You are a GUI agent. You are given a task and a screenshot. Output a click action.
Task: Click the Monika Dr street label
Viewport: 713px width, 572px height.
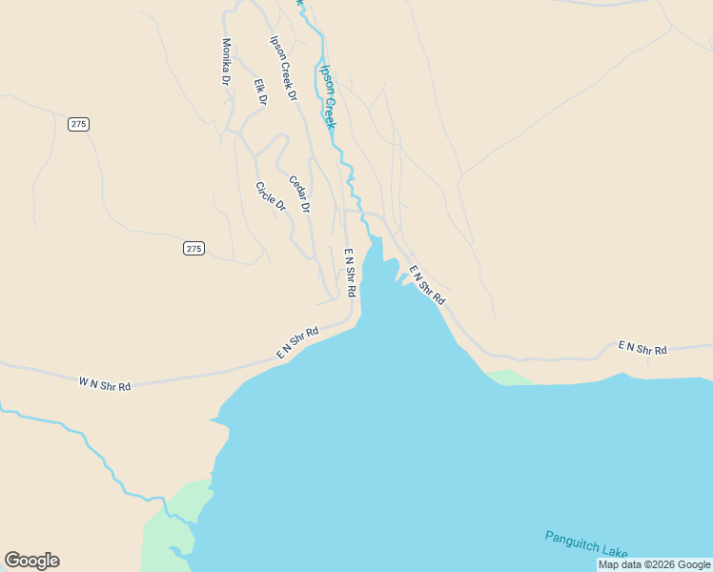click(227, 62)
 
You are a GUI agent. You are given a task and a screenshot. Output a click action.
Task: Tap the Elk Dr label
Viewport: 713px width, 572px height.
click(260, 92)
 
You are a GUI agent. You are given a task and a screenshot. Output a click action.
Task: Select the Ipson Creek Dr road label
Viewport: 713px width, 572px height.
click(284, 69)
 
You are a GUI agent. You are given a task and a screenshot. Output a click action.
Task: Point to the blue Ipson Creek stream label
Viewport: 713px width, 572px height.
click(329, 96)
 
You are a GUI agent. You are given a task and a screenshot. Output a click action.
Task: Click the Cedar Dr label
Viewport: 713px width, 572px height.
click(299, 194)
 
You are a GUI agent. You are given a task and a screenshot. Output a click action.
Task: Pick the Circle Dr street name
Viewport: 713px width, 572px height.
click(271, 195)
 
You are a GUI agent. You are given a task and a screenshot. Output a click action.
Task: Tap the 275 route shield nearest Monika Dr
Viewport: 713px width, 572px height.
click(79, 124)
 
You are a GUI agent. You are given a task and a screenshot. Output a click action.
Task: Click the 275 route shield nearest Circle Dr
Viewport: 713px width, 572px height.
click(194, 248)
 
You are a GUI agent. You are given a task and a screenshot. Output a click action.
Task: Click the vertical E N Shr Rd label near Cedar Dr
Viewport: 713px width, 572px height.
click(350, 271)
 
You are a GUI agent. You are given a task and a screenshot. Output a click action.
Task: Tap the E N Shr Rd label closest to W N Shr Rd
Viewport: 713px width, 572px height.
click(296, 343)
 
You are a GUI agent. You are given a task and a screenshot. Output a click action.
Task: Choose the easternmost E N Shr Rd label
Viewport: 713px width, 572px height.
click(642, 348)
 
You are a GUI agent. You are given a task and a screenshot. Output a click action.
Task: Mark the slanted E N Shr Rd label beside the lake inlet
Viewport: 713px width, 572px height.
click(427, 285)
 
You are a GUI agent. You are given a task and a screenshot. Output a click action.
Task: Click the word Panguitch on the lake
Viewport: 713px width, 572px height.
click(573, 542)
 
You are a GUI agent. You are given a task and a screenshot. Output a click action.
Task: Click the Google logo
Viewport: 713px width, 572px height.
click(31, 561)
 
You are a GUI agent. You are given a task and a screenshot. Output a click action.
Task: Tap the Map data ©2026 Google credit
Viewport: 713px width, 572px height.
click(655, 564)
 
